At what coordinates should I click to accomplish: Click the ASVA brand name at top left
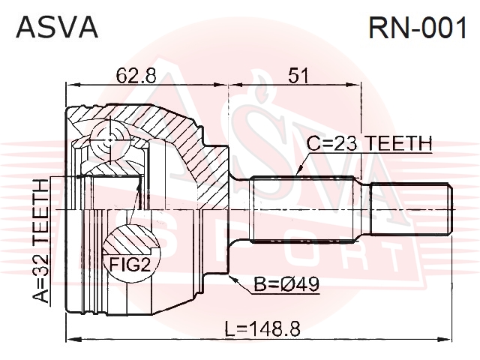[x=57, y=28]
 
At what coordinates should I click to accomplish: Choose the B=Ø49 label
[x=286, y=285]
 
